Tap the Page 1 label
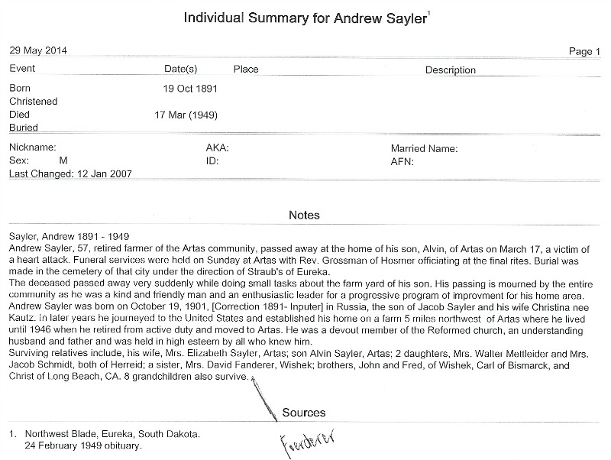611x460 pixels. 585,52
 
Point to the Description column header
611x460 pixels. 450,70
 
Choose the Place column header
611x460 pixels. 246,70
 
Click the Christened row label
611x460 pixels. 33,102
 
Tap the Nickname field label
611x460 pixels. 33,148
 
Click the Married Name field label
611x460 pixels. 424,148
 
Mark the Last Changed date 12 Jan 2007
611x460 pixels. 103,174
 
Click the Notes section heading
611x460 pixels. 304,215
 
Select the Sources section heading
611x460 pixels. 304,413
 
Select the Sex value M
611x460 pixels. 63,161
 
